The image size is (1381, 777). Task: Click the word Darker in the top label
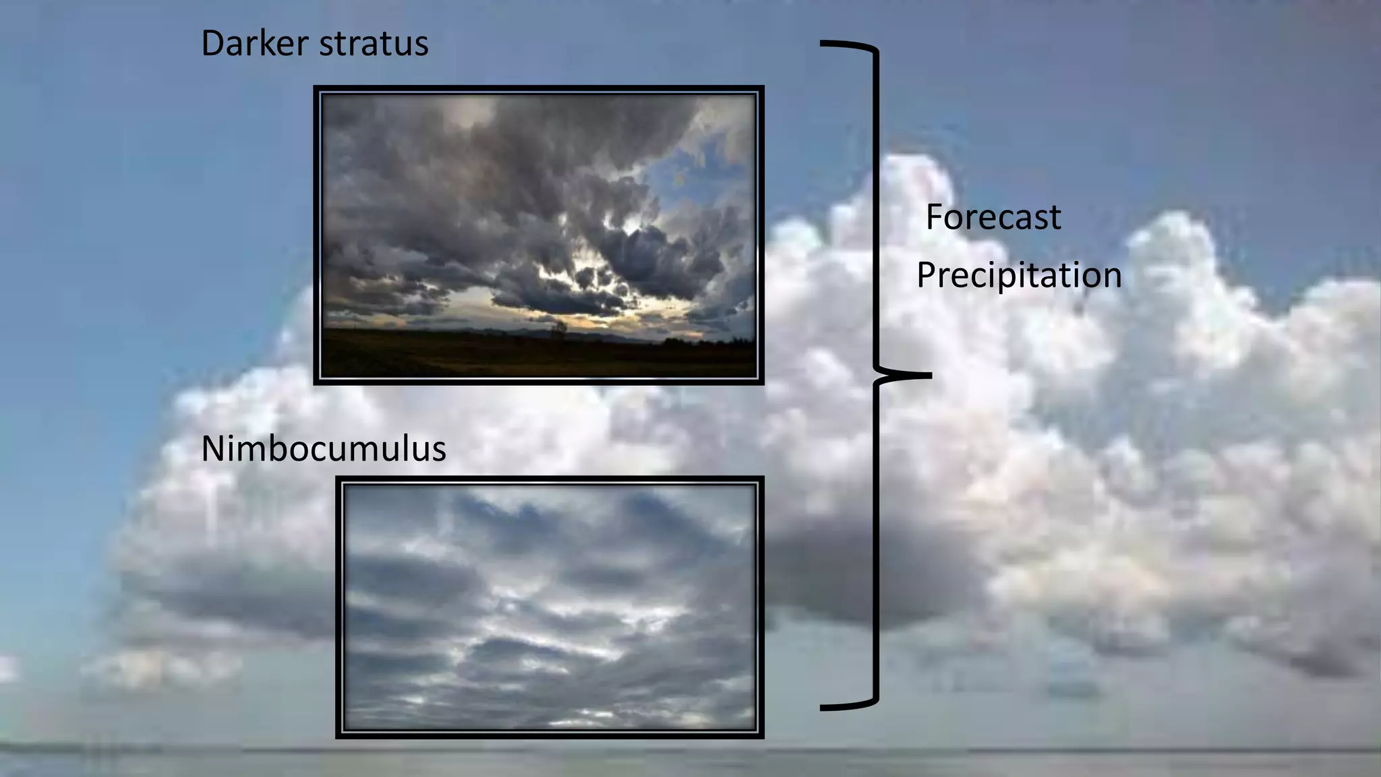coord(255,44)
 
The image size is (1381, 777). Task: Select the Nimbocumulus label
coord(324,449)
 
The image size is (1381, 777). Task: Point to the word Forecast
coord(993,217)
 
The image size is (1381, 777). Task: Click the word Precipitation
coord(1018,275)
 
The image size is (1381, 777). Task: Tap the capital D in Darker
coord(213,44)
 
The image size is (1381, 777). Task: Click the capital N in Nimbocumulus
coord(214,449)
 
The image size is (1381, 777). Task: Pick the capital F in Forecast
coord(935,217)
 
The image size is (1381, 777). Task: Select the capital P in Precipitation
coord(926,275)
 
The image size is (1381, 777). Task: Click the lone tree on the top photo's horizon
coord(559,329)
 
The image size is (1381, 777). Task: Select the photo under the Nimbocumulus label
coord(550,607)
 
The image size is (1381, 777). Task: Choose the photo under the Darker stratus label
coord(538,235)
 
